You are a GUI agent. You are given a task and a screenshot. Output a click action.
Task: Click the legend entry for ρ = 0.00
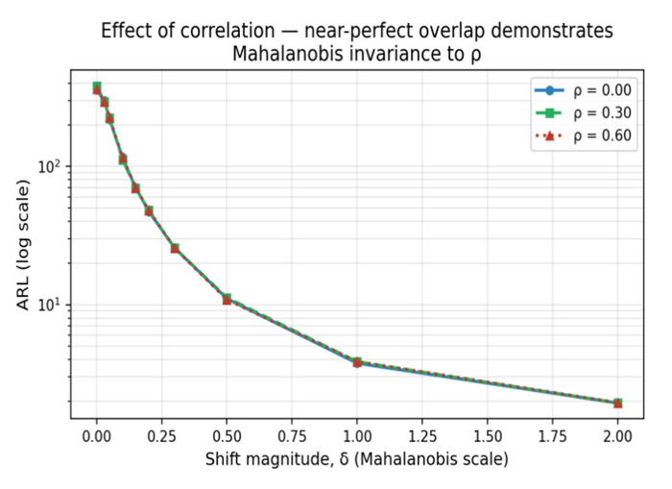pyautogui.click(x=584, y=90)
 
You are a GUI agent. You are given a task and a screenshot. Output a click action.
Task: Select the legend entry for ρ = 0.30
pyautogui.click(x=584, y=113)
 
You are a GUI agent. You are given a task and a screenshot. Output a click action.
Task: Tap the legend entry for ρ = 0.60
pyautogui.click(x=584, y=136)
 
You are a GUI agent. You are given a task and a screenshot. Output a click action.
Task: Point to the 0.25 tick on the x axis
pyautogui.click(x=161, y=436)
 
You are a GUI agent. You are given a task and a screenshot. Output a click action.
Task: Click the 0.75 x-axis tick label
pyautogui.click(x=292, y=436)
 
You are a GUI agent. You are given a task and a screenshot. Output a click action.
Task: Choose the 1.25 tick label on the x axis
pyautogui.click(x=422, y=436)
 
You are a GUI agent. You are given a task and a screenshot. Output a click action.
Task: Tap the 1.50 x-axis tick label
pyautogui.click(x=488, y=436)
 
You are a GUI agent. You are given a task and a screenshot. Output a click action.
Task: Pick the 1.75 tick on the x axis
pyautogui.click(x=552, y=436)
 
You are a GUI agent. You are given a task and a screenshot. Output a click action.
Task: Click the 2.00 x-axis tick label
pyautogui.click(x=617, y=436)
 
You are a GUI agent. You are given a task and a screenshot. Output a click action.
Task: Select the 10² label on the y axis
pyautogui.click(x=51, y=165)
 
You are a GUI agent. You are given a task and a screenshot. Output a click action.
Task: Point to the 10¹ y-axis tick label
pyautogui.click(x=51, y=305)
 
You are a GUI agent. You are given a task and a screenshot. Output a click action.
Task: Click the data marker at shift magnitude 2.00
pyautogui.click(x=617, y=403)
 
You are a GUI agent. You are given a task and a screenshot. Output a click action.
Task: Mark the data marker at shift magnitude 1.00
pyautogui.click(x=357, y=362)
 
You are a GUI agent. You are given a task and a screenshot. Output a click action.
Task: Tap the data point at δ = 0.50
pyautogui.click(x=227, y=299)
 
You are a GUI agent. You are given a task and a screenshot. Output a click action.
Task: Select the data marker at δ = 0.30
pyautogui.click(x=175, y=248)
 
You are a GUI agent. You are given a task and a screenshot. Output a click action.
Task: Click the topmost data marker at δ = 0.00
pyautogui.click(x=97, y=88)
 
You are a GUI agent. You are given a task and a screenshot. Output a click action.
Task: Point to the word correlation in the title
pyautogui.click(x=228, y=31)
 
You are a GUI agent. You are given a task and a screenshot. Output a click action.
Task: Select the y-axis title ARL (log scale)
pyautogui.click(x=23, y=244)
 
